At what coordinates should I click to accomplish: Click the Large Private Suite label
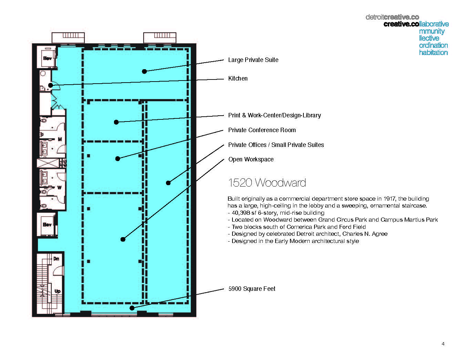pyautogui.click(x=253, y=60)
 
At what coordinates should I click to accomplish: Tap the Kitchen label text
pyautogui.click(x=238, y=78)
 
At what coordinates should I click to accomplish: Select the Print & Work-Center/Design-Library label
pyautogui.click(x=275, y=115)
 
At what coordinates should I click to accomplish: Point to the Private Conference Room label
pyautogui.click(x=262, y=130)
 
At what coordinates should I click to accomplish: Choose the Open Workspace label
pyautogui.click(x=251, y=159)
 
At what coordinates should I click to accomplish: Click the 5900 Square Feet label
pyautogui.click(x=252, y=289)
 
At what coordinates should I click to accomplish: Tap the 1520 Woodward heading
pyautogui.click(x=267, y=183)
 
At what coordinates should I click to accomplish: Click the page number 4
pyautogui.click(x=443, y=344)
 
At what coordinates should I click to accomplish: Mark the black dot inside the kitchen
pyautogui.click(x=50, y=85)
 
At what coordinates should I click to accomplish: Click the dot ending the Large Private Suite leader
pyautogui.click(x=144, y=71)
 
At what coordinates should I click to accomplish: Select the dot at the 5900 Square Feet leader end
pyautogui.click(x=132, y=308)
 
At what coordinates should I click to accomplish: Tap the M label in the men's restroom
pyautogui.click(x=60, y=139)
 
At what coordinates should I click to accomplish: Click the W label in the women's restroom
pyautogui.click(x=59, y=188)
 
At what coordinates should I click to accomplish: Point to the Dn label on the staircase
pyautogui.click(x=56, y=259)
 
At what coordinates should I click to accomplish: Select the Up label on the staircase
pyautogui.click(x=57, y=291)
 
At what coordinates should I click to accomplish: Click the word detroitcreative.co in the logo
pyautogui.click(x=392, y=17)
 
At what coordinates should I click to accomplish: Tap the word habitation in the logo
pyautogui.click(x=433, y=53)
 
